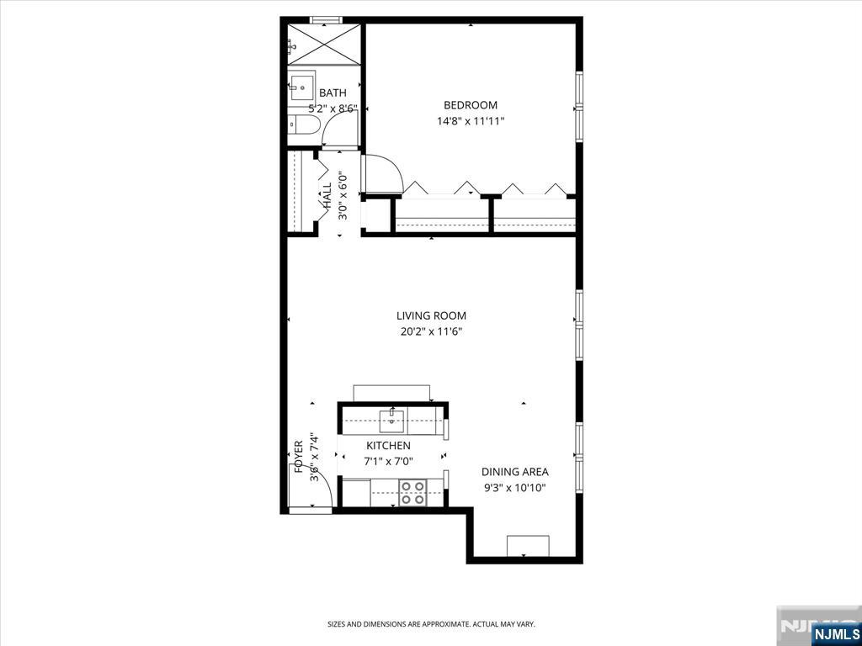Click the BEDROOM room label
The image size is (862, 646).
pos(471,105)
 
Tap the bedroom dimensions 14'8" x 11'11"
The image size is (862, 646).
pos(471,121)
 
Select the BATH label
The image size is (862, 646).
pos(333,93)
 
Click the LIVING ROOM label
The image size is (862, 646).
pos(431,316)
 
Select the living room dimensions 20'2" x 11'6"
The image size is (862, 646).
pos(431,331)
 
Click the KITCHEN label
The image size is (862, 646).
pos(388,446)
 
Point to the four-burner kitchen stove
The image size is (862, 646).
pos(412,492)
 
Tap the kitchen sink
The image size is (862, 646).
pos(391,420)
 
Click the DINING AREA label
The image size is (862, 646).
pos(515,472)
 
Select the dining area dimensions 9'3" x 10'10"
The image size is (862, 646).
pos(515,488)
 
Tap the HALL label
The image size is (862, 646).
pos(327,195)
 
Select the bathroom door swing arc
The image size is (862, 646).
pos(341,130)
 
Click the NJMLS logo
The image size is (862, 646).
pos(836,633)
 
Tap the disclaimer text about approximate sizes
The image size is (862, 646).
pos(431,624)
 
